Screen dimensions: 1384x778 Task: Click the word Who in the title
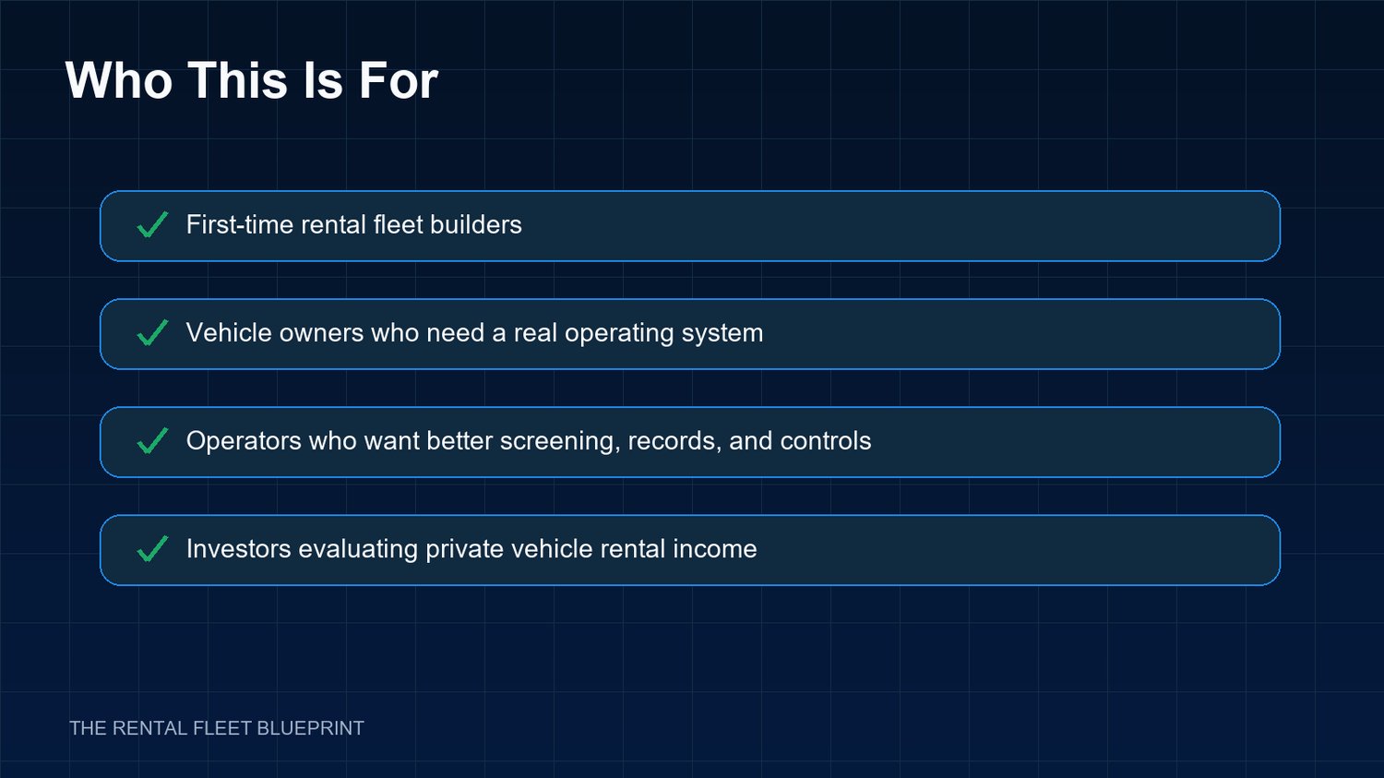point(119,80)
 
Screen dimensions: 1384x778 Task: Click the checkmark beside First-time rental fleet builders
point(152,224)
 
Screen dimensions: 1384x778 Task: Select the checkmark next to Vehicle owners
point(152,332)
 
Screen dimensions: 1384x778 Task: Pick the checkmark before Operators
point(152,440)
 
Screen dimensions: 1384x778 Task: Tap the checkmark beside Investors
point(152,549)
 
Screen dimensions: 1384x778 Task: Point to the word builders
point(476,224)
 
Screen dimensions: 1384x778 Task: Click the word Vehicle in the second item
point(229,332)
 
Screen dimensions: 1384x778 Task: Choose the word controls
point(826,440)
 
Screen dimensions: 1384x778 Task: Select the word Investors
point(238,549)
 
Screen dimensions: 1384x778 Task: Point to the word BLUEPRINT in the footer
point(310,728)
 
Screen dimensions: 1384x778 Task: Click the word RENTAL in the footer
point(149,728)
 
